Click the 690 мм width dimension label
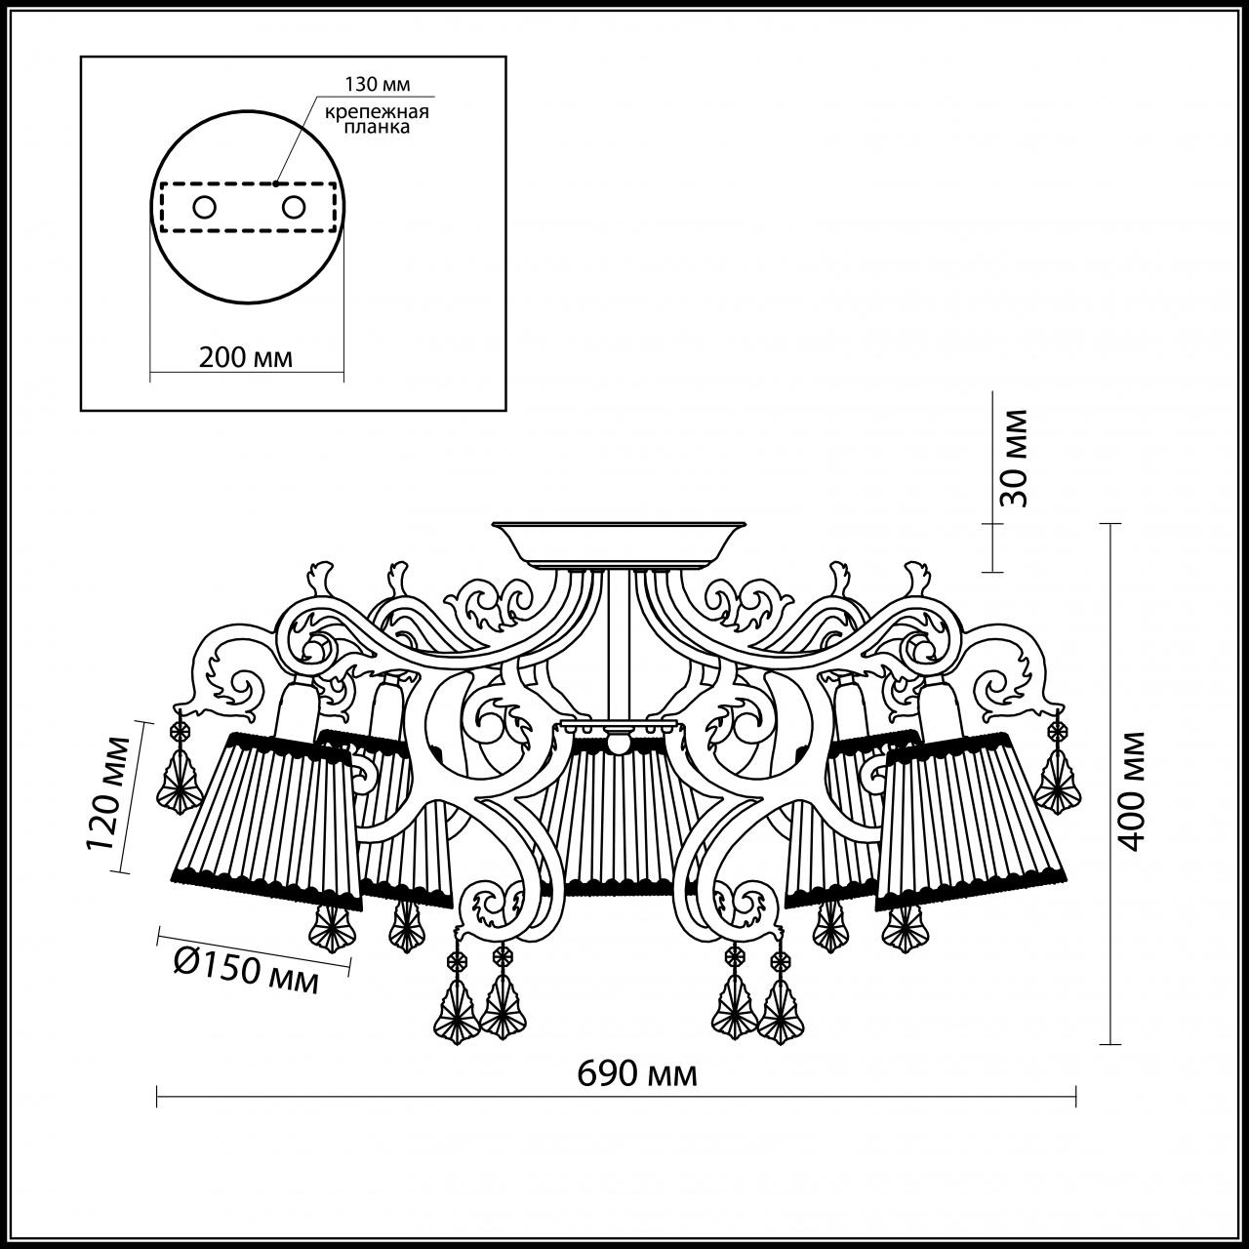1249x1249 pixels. (x=637, y=1074)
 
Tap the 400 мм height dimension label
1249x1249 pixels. (x=1131, y=788)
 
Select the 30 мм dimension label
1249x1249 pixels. (x=1014, y=458)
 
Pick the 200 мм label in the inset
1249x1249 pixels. (x=246, y=357)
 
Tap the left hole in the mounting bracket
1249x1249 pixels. (x=205, y=207)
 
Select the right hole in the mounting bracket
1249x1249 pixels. (x=293, y=207)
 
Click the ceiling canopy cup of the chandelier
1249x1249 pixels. (x=619, y=544)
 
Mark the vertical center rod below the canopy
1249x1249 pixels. (x=616, y=644)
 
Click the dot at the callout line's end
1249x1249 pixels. (x=277, y=181)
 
